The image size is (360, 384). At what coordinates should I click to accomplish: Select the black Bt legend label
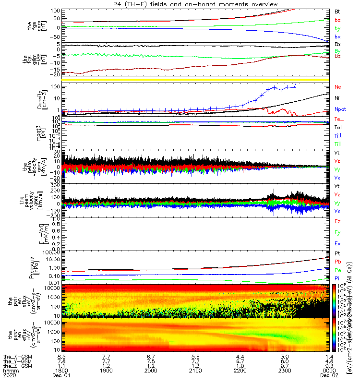[x=337, y=11]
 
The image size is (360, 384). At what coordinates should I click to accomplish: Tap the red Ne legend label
[x=338, y=87]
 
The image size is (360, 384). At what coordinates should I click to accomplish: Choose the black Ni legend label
[x=337, y=98]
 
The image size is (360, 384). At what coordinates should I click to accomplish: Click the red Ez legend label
[x=337, y=221]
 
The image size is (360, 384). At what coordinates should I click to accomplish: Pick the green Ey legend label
[x=337, y=232]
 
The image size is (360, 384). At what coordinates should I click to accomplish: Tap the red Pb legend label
[x=337, y=262]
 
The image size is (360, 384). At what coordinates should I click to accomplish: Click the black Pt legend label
[x=337, y=253]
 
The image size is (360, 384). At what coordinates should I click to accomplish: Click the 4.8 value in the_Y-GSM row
[x=328, y=362]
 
